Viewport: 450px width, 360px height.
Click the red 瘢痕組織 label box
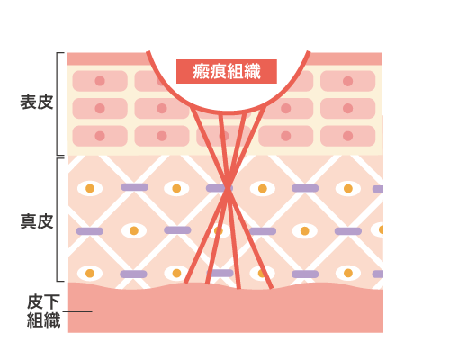click(x=227, y=71)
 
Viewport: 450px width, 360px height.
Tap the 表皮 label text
click(x=37, y=102)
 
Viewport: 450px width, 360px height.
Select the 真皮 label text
click(x=37, y=221)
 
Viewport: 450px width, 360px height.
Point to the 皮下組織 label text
click(x=43, y=311)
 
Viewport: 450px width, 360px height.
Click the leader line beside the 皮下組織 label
click(x=77, y=311)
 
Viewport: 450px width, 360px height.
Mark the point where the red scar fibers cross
click(x=228, y=188)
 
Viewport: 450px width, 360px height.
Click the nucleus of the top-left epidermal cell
click(x=100, y=81)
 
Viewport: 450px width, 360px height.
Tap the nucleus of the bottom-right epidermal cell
click(x=347, y=136)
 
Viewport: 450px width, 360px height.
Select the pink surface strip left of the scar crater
click(x=107, y=58)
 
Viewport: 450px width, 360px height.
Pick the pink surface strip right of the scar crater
click(x=344, y=58)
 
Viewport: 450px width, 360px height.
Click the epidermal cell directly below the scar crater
click(x=223, y=136)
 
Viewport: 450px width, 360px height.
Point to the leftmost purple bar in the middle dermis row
click(x=90, y=231)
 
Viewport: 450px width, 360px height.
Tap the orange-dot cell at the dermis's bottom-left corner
click(x=90, y=274)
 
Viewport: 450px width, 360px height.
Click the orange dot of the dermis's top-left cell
click(x=90, y=188)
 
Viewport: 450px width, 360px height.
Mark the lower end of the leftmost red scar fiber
click(x=185, y=283)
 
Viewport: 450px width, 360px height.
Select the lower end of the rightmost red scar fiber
click(x=271, y=288)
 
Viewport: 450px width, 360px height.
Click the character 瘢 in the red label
click(x=201, y=71)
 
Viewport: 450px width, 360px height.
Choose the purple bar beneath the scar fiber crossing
click(x=220, y=273)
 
